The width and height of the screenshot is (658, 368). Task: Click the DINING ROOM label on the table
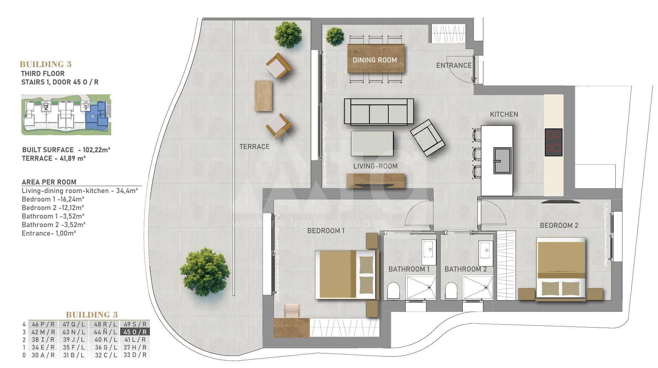374,60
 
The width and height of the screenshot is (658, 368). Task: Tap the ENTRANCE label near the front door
454,65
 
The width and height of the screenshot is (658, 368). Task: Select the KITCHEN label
504,114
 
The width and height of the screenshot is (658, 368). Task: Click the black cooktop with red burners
554,142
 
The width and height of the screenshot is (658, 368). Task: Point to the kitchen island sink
502,161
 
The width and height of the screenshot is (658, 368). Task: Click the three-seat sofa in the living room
379,111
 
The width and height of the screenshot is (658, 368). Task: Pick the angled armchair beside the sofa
427,138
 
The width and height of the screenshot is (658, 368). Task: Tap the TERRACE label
254,147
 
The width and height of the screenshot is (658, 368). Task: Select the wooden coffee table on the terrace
263,96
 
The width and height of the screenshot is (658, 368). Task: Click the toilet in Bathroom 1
393,291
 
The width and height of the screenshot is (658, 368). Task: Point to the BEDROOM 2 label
559,225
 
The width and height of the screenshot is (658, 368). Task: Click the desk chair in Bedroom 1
291,311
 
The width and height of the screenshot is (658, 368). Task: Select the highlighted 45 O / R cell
135,332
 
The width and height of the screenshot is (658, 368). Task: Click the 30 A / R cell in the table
43,355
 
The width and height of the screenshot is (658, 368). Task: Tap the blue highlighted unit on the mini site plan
97,114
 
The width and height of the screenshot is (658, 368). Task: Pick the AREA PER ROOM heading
49,182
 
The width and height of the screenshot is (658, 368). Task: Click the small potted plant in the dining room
335,37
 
